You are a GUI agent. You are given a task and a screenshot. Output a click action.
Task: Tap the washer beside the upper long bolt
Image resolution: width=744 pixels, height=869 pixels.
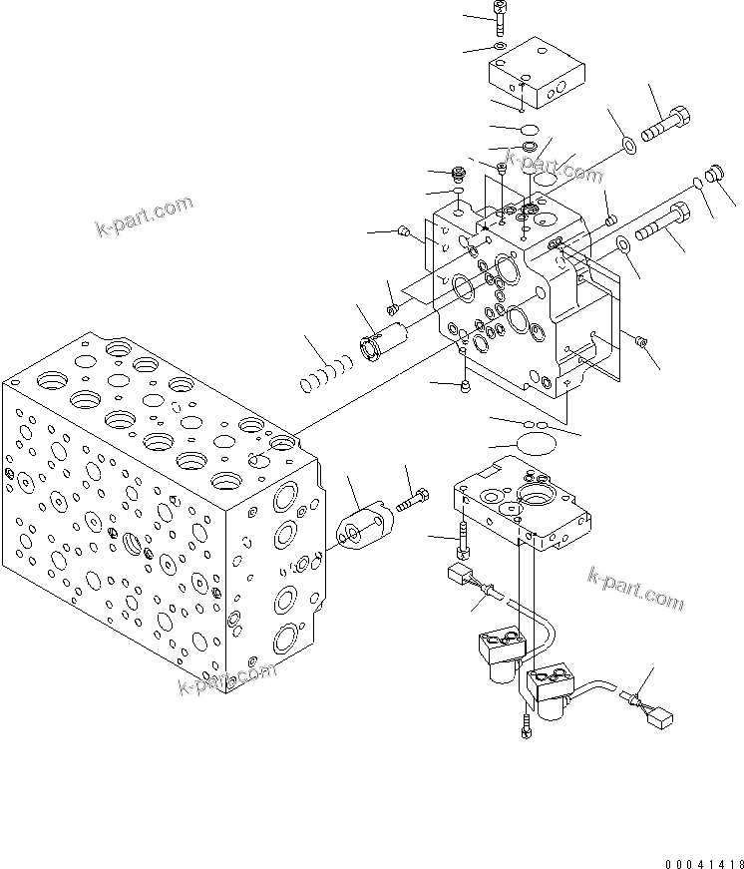(x=628, y=148)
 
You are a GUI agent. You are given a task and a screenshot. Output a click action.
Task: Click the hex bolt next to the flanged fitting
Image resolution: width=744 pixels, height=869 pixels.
(x=413, y=501)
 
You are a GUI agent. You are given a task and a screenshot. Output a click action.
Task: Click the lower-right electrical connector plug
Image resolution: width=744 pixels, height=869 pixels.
(x=657, y=714)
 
